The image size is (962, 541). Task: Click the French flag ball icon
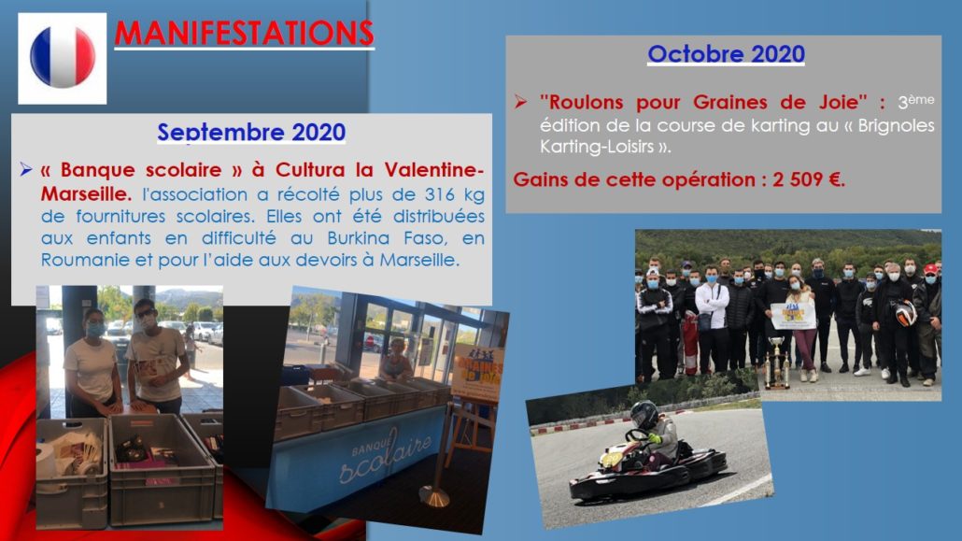[63, 57]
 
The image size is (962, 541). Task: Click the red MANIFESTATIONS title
[244, 33]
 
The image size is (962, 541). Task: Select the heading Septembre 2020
[251, 132]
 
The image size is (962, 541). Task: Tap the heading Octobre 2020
[726, 54]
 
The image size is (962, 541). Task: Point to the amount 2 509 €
[809, 180]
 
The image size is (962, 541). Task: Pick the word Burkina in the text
[359, 238]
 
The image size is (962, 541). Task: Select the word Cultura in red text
[312, 169]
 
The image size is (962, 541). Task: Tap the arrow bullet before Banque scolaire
[25, 169]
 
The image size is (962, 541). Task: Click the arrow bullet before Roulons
[521, 101]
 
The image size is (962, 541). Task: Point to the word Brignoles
[896, 125]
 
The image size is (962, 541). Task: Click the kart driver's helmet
[644, 415]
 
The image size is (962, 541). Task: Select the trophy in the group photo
[777, 363]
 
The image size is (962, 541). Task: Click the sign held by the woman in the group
[793, 315]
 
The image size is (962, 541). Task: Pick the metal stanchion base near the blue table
[434, 495]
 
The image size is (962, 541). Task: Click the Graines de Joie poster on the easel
[479, 374]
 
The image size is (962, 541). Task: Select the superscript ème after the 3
[922, 99]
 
